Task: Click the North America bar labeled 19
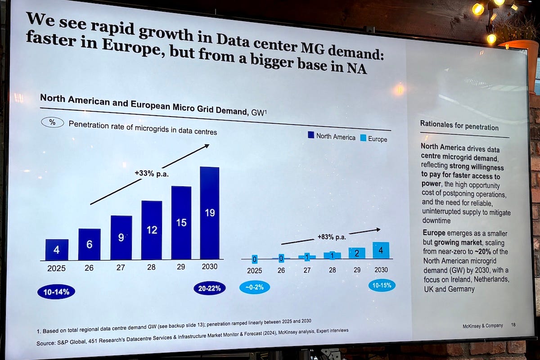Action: pyautogui.click(x=210, y=213)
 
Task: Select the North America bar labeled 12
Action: pyautogui.click(x=152, y=230)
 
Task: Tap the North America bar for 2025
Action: pyautogui.click(x=57, y=250)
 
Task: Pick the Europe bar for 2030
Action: pyautogui.click(x=381, y=250)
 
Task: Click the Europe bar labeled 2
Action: pyautogui.click(x=357, y=253)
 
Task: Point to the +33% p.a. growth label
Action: pyautogui.click(x=151, y=173)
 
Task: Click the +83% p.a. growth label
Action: pyautogui.click(x=332, y=237)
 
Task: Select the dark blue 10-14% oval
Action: pyautogui.click(x=56, y=292)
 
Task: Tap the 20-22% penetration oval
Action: pyautogui.click(x=210, y=288)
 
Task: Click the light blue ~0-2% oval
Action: pyautogui.click(x=255, y=287)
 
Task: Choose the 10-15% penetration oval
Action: pyautogui.click(x=382, y=285)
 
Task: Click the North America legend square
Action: pyautogui.click(x=311, y=135)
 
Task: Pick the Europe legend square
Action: pyautogui.click(x=363, y=138)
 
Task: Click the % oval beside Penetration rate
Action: pyautogui.click(x=52, y=122)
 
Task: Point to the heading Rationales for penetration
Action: pyautogui.click(x=459, y=125)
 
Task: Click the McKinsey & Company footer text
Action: pyautogui.click(x=482, y=326)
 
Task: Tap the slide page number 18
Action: pyautogui.click(x=513, y=325)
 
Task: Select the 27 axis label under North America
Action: pyautogui.click(x=121, y=267)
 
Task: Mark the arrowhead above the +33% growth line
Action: pyautogui.click(x=207, y=146)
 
